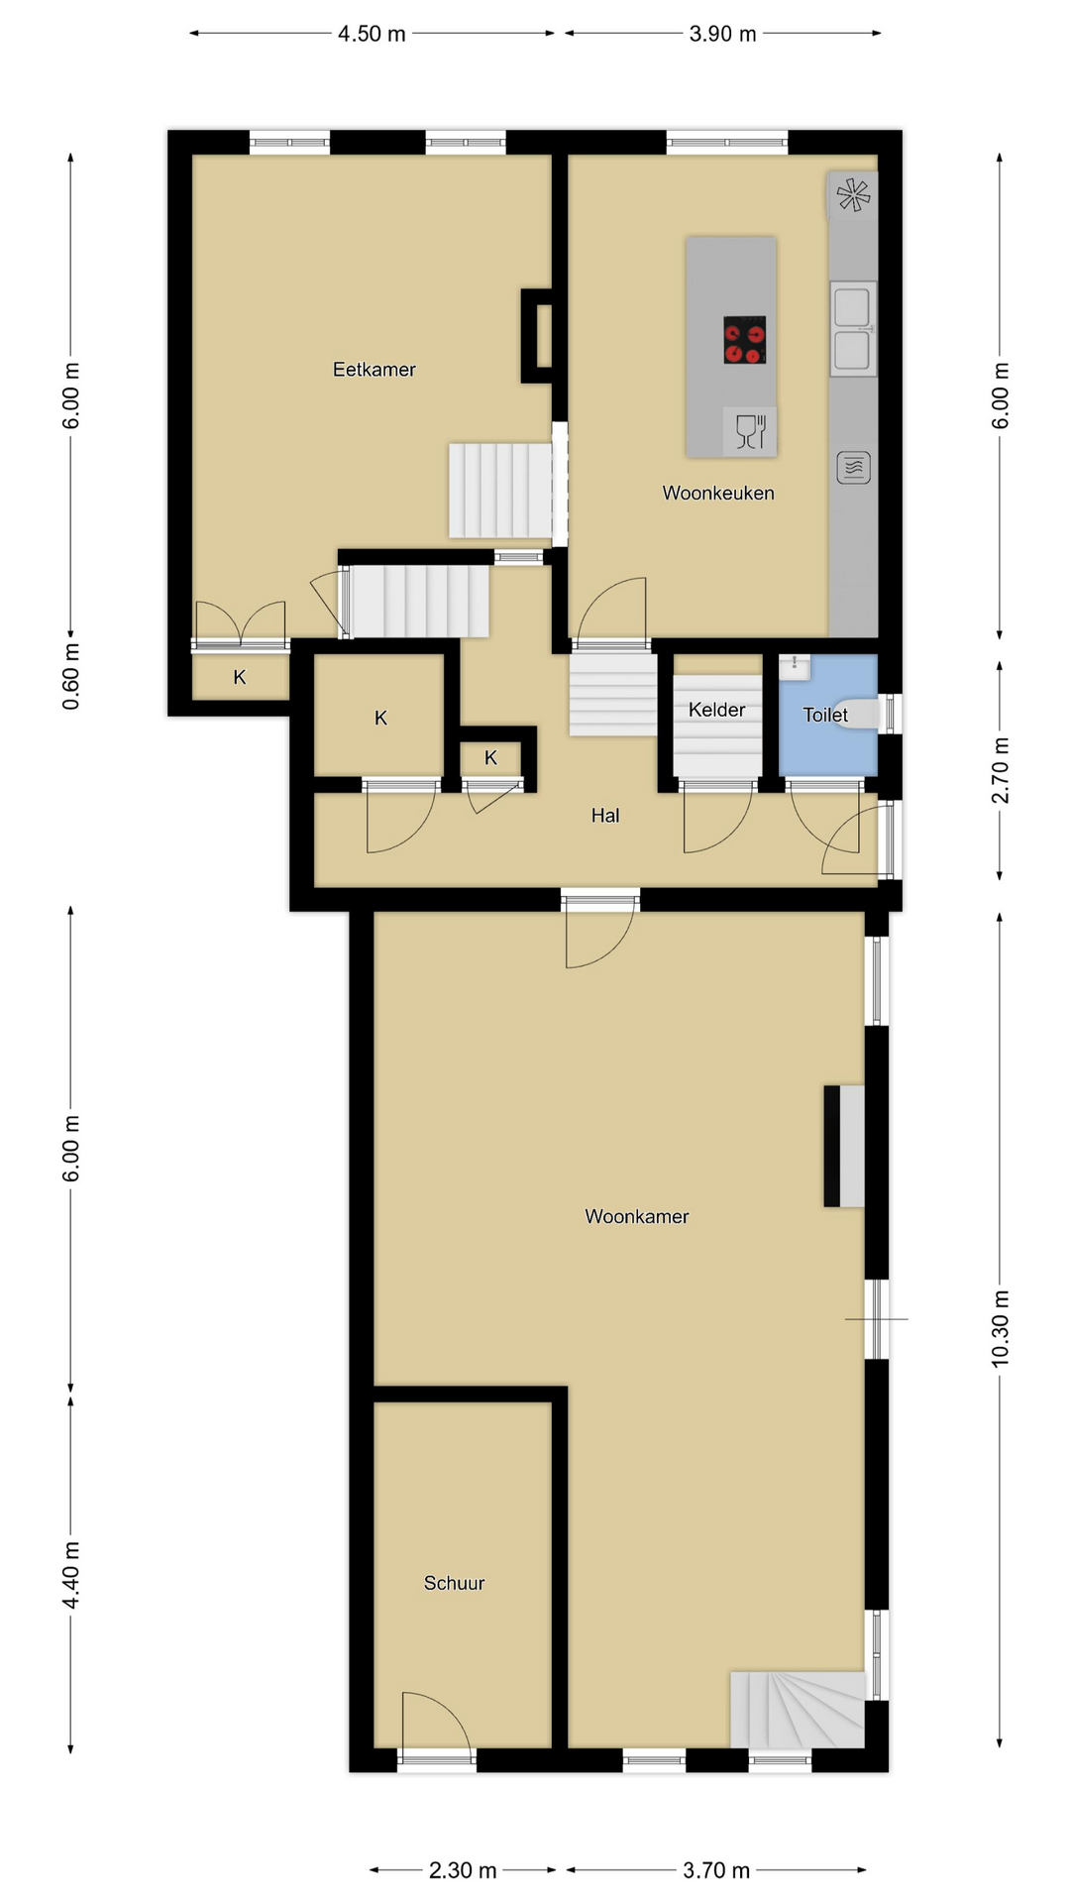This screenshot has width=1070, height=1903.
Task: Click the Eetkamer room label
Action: [374, 370]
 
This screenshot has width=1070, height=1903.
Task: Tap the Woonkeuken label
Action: [718, 493]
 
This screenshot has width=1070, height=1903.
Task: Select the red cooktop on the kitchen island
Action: [744, 340]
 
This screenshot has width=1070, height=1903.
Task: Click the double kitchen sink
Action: [852, 328]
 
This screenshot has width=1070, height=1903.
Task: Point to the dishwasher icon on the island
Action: [750, 430]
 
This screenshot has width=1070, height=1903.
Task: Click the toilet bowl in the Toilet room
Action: [861, 714]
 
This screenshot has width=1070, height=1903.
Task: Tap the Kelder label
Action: [716, 710]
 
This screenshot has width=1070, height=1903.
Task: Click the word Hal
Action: [605, 816]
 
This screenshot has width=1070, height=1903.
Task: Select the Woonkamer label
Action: [636, 1216]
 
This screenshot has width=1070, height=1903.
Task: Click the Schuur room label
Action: [454, 1583]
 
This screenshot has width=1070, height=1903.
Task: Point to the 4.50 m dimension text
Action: [372, 34]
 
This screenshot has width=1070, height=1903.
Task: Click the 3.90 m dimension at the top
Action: [722, 34]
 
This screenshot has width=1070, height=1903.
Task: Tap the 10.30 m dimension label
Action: [1001, 1329]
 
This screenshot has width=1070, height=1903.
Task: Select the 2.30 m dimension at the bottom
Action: [463, 1870]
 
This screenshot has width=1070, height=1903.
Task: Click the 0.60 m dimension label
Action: [71, 676]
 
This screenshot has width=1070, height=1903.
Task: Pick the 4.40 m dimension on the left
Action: [71, 1577]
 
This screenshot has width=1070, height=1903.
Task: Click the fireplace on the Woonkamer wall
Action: [844, 1146]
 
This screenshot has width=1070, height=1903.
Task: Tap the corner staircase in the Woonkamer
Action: [798, 1710]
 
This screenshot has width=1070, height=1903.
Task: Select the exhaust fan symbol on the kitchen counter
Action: [853, 194]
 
